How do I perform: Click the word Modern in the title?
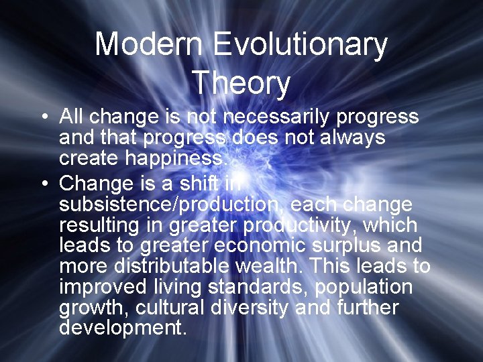pyautogui.click(x=148, y=45)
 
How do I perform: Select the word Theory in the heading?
pyautogui.click(x=241, y=83)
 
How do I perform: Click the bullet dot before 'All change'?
pyautogui.click(x=43, y=118)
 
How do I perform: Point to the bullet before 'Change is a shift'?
pyautogui.click(x=43, y=183)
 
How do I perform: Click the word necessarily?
pyautogui.click(x=277, y=118)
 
